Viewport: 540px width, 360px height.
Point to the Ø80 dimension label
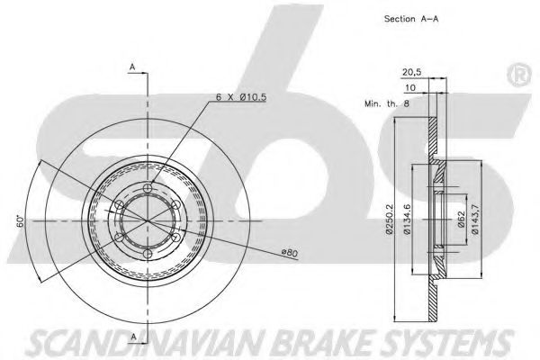point(289,253)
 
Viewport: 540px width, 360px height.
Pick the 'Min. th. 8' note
point(386,104)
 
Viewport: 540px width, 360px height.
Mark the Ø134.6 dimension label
point(407,218)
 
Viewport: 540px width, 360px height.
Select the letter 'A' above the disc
point(131,67)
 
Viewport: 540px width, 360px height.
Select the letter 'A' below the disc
point(131,337)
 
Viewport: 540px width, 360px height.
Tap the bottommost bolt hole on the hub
point(148,254)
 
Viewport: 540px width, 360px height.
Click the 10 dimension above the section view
point(410,89)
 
